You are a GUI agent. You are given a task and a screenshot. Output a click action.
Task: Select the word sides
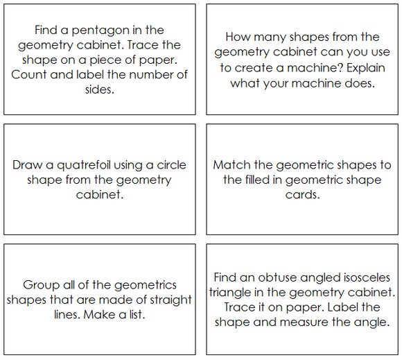[x=101, y=90]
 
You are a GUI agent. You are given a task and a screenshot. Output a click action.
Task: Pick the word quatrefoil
[x=78, y=165]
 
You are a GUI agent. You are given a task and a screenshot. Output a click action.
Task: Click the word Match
[x=231, y=165]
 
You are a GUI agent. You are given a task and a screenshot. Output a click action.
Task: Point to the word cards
[x=302, y=195]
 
